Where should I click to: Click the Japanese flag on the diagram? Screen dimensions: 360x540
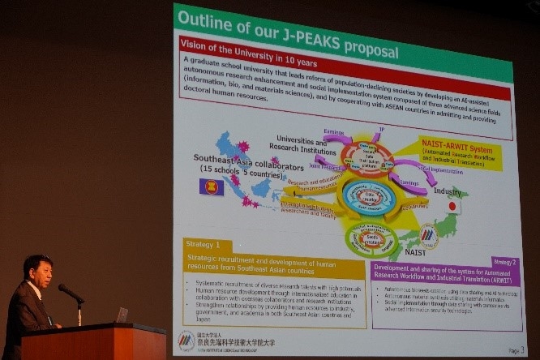click(452, 206)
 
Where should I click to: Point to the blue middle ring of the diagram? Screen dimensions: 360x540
click(368, 197)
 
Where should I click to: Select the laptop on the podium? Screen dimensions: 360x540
click(122, 315)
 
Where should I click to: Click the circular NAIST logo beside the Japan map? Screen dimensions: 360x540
click(428, 235)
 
